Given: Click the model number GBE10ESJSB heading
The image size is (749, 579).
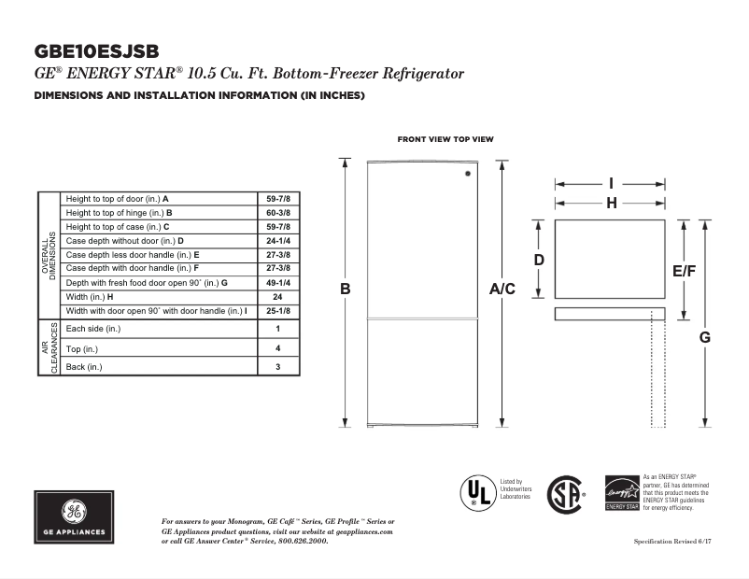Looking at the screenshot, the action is (x=95, y=51).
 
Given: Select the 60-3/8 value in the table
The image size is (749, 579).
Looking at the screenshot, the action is (x=277, y=213).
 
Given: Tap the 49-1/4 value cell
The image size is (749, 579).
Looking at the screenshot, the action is (x=277, y=282).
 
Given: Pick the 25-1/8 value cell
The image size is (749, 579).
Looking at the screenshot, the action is (x=277, y=310).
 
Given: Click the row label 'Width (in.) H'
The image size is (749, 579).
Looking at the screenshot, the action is (x=90, y=296).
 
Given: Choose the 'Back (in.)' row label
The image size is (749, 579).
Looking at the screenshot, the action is (x=84, y=367).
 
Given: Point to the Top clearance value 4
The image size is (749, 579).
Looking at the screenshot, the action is (x=277, y=348).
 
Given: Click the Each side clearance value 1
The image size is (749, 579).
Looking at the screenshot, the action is (x=277, y=329).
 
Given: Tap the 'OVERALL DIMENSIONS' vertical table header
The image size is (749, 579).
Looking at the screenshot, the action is (x=49, y=254).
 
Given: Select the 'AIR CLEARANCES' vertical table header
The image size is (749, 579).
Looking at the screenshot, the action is (x=49, y=348).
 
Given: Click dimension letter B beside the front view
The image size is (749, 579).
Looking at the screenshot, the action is (x=345, y=289).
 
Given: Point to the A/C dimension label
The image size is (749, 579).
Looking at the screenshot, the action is (x=502, y=289).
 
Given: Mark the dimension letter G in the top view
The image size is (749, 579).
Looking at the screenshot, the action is (x=705, y=337).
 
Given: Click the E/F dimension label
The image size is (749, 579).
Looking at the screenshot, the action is (x=685, y=270).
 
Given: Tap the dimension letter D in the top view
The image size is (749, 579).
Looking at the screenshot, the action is (x=539, y=260).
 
